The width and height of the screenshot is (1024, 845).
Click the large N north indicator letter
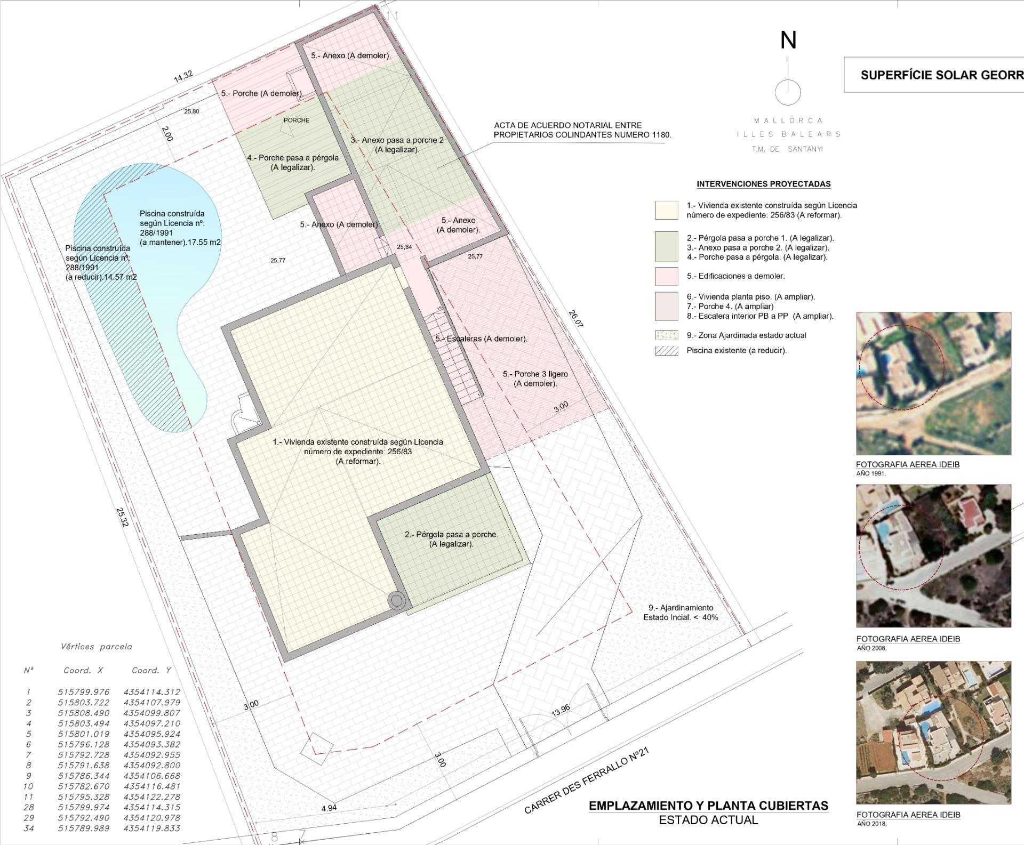pyautogui.click(x=788, y=41)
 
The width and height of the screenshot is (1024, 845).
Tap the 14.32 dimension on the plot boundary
pyautogui.click(x=183, y=76)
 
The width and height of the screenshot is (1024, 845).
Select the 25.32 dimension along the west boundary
pyautogui.click(x=123, y=516)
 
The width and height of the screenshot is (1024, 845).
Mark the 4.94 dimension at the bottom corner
pyautogui.click(x=329, y=808)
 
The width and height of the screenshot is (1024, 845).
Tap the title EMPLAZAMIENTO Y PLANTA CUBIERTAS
pyautogui.click(x=708, y=806)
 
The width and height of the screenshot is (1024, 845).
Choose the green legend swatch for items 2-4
pyautogui.click(x=667, y=246)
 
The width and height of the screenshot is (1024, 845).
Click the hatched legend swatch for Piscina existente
pyautogui.click(x=667, y=351)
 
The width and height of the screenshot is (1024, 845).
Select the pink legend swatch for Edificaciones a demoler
pyautogui.click(x=667, y=277)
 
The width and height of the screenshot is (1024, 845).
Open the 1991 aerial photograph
pyautogui.click(x=933, y=383)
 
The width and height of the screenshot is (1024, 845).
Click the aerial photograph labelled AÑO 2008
pyautogui.click(x=933, y=556)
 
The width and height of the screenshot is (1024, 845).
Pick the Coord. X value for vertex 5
pyautogui.click(x=84, y=734)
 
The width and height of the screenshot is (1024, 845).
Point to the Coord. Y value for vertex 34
pyautogui.click(x=152, y=828)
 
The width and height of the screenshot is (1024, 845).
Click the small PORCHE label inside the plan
pyautogui.click(x=297, y=120)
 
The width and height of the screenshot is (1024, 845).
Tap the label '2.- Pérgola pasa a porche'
pyautogui.click(x=451, y=534)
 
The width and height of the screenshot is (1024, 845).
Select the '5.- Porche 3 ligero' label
pyautogui.click(x=535, y=374)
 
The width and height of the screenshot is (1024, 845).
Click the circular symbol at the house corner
pyautogui.click(x=397, y=601)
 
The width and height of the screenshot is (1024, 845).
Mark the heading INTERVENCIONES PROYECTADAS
pyautogui.click(x=764, y=184)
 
